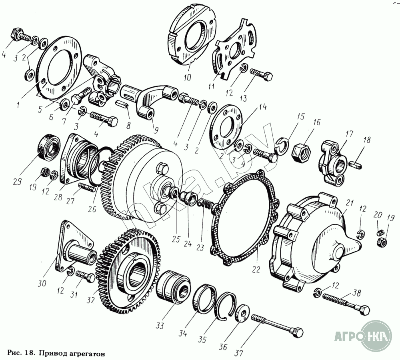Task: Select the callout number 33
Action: click(160, 326)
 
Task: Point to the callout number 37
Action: click(239, 353)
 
